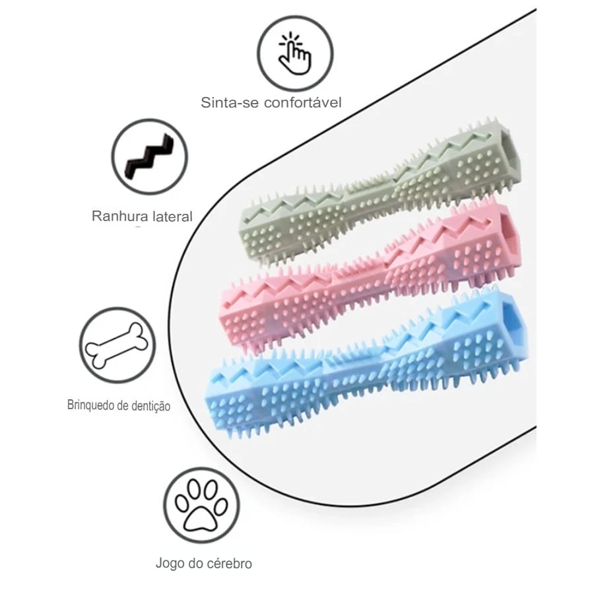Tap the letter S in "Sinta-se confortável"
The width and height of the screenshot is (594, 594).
click(x=206, y=103)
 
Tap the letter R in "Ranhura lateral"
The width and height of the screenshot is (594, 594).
click(x=96, y=216)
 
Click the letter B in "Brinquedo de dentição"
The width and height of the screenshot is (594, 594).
click(x=70, y=405)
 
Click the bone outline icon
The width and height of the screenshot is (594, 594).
click(x=116, y=345)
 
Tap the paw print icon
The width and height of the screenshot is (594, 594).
click(x=201, y=505)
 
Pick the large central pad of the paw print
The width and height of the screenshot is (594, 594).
click(x=201, y=517)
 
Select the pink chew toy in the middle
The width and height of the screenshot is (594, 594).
click(x=370, y=277)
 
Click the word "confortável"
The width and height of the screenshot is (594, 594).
click(x=303, y=102)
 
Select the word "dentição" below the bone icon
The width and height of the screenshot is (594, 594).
click(x=150, y=406)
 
